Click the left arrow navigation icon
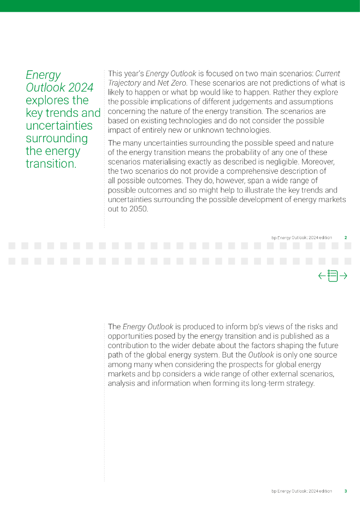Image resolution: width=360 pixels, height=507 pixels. click(322, 276)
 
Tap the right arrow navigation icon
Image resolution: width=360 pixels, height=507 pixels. click(343, 276)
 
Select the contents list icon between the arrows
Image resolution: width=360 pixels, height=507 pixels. click(332, 276)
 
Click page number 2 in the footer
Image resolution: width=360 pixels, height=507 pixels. click(345, 238)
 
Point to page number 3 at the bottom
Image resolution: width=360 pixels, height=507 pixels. click(345, 491)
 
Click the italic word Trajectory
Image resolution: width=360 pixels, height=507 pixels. click(124, 83)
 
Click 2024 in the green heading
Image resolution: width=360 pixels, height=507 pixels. click(81, 88)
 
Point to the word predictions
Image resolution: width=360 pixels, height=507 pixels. click(269, 83)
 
